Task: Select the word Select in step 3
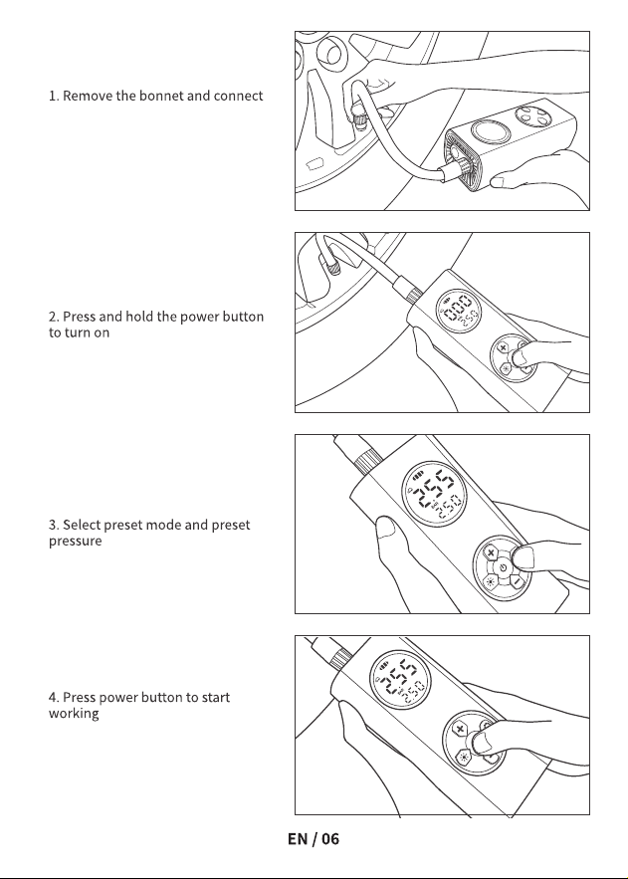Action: coord(82,526)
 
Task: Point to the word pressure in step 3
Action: coord(75,542)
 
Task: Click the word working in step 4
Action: coord(74,714)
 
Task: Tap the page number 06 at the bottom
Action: coord(330,838)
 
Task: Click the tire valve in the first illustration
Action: coord(357,114)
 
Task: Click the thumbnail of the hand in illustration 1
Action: coord(498,181)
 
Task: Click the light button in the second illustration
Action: coord(506,368)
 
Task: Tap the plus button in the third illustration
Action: coord(492,552)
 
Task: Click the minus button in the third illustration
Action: coord(517,580)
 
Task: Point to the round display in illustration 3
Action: coord(434,495)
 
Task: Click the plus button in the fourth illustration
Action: coord(460,729)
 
